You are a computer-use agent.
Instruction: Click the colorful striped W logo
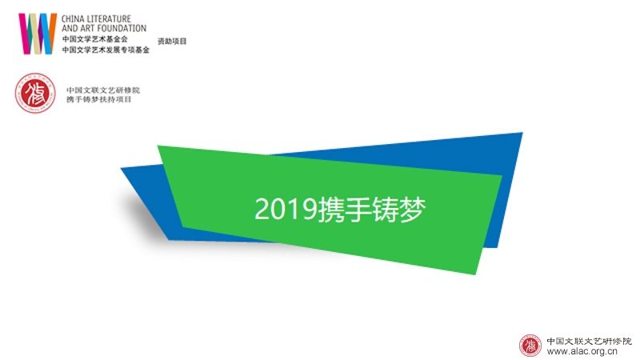coord(38,34)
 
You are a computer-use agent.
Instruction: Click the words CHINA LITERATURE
coord(96,18)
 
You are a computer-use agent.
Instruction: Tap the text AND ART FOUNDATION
coord(104,28)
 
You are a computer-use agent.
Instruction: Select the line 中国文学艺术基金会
coord(94,39)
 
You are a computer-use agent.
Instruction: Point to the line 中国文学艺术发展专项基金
coord(106,50)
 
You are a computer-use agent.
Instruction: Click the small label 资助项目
coord(172,42)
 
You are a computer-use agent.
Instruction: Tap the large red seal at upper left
coord(35,93)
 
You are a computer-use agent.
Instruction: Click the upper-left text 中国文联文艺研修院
coord(103,90)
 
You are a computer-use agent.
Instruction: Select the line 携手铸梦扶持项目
coord(99,99)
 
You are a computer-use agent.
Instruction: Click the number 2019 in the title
coord(286,209)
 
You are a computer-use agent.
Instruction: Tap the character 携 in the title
coord(331,210)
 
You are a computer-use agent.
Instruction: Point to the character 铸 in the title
coord(386,210)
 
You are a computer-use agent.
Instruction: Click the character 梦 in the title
coord(413,210)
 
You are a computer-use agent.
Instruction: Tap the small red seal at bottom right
coord(530,346)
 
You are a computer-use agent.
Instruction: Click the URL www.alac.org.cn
coord(582,351)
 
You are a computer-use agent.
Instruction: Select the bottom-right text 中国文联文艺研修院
coord(589,342)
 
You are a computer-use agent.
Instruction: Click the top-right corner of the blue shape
coord(522,133)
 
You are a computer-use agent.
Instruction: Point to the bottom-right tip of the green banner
coord(475,274)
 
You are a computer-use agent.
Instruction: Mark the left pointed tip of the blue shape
coord(122,168)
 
